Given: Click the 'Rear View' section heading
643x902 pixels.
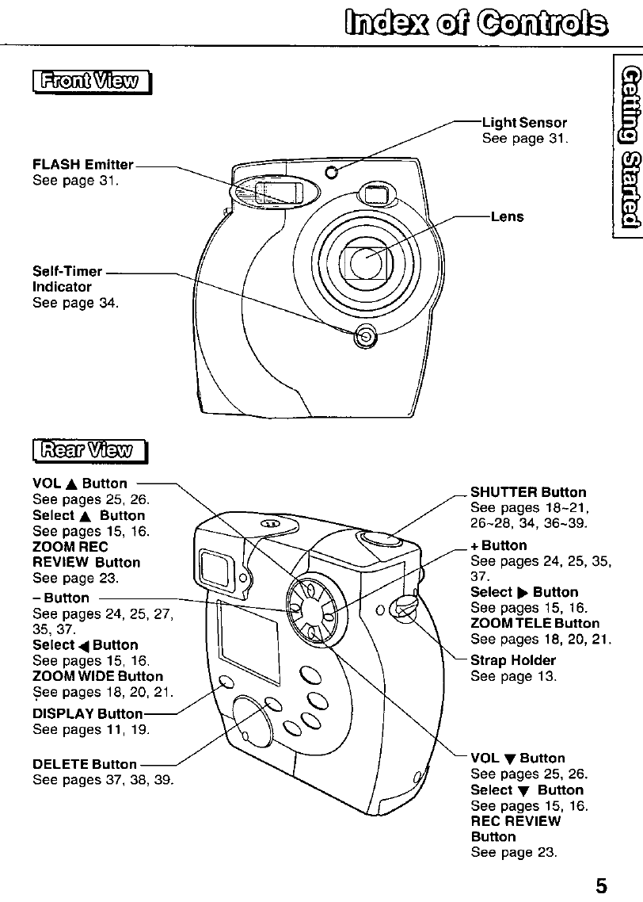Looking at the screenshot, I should pos(90,451).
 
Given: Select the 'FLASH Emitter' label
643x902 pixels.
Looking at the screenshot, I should pos(83,165).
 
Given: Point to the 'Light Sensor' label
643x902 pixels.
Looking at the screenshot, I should pos(524,123).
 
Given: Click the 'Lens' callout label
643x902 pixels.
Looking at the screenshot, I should pos(508,216).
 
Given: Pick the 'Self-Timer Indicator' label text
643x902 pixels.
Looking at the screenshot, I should pos(63,280).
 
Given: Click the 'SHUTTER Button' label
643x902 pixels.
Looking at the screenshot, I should pos(528,493).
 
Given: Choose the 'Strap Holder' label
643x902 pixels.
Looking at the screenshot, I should pos(513,660).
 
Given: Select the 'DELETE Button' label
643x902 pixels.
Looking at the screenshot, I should pos(85,764).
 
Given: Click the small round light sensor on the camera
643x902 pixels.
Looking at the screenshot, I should pos(333,151).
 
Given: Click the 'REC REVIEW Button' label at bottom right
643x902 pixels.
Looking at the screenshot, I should pos(516,828).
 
